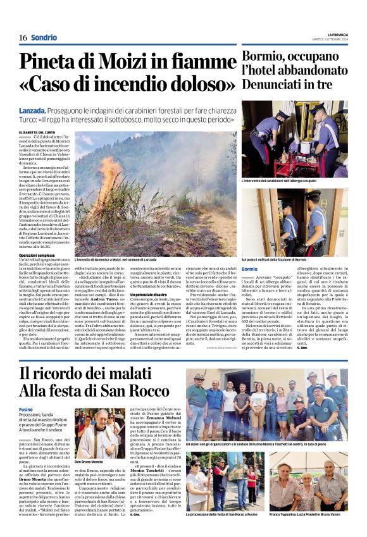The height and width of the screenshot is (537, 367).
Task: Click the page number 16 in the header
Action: [22, 37]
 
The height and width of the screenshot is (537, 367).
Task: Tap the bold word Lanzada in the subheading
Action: [35, 111]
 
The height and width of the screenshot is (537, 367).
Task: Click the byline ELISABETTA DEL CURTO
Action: [40, 131]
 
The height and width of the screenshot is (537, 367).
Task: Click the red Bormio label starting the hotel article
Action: [249, 269]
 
